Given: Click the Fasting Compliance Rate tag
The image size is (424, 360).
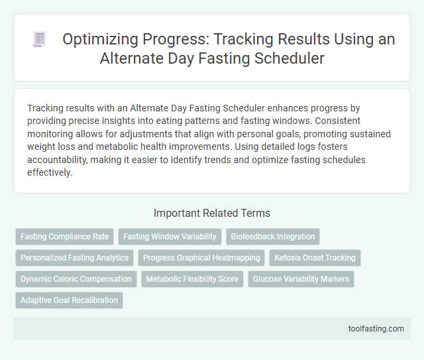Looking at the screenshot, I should (x=64, y=237).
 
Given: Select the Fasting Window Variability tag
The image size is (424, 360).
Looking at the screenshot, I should (x=170, y=237).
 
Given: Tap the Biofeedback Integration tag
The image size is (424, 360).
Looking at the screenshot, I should (x=272, y=237).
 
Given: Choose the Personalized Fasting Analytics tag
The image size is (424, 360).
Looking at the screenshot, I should (x=74, y=258).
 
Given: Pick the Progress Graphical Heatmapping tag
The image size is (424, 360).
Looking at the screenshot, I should (x=201, y=258).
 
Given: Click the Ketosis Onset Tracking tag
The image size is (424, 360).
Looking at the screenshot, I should (x=315, y=258).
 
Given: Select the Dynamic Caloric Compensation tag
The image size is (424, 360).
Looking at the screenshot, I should (x=76, y=279).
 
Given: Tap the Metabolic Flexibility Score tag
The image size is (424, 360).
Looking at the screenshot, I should (x=193, y=279).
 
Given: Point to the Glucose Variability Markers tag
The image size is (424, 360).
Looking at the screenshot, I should (x=301, y=279).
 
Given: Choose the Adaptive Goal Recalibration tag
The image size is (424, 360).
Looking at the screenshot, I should (x=69, y=300).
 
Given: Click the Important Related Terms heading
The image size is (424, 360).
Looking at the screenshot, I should (x=211, y=213).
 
